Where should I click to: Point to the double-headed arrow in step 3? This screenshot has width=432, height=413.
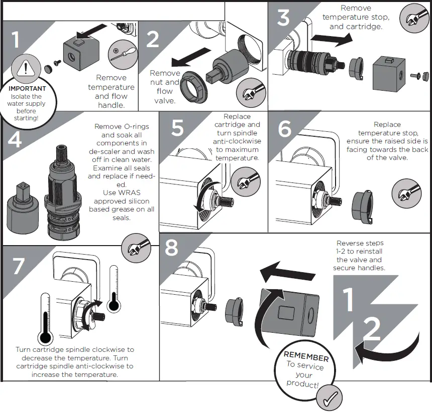click(329, 41)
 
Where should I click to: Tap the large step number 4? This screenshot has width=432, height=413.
click(15, 139)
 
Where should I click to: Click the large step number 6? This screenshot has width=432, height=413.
click(284, 129)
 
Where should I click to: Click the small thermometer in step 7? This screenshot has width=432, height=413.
click(114, 291)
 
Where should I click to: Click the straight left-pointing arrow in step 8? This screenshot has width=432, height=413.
click(287, 274)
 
